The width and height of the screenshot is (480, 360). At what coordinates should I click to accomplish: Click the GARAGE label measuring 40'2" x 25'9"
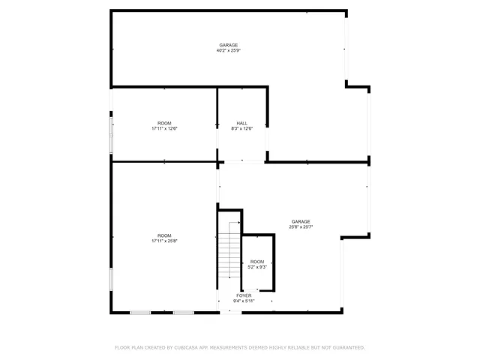(228, 45)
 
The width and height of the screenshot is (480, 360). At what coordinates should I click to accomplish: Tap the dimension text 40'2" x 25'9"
(228, 51)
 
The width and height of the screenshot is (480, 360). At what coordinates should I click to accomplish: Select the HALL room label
(241, 123)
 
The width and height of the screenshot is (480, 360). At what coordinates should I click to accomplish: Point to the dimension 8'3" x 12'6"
(241, 128)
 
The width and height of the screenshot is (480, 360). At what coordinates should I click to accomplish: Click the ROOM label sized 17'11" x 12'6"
(164, 123)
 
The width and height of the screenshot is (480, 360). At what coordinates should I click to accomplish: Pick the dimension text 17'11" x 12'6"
(164, 128)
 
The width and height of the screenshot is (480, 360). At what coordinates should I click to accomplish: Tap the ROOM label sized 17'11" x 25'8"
(164, 235)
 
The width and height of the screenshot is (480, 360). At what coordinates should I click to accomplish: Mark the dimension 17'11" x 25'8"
(164, 241)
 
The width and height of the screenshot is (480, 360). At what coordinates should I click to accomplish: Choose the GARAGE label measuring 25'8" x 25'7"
(301, 221)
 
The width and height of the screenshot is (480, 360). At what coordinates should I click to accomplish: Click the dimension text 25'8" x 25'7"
(301, 226)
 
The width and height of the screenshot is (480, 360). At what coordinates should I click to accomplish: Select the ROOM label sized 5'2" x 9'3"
(257, 262)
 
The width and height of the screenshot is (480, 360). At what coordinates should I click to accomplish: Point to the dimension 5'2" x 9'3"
(257, 267)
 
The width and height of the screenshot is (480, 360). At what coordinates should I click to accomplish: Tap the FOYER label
(244, 295)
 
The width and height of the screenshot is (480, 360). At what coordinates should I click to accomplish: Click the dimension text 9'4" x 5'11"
(244, 301)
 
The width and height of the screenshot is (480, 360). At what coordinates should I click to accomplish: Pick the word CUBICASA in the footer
(187, 348)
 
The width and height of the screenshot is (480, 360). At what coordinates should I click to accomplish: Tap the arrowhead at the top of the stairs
(239, 223)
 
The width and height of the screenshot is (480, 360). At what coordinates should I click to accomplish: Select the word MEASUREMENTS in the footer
(233, 348)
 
